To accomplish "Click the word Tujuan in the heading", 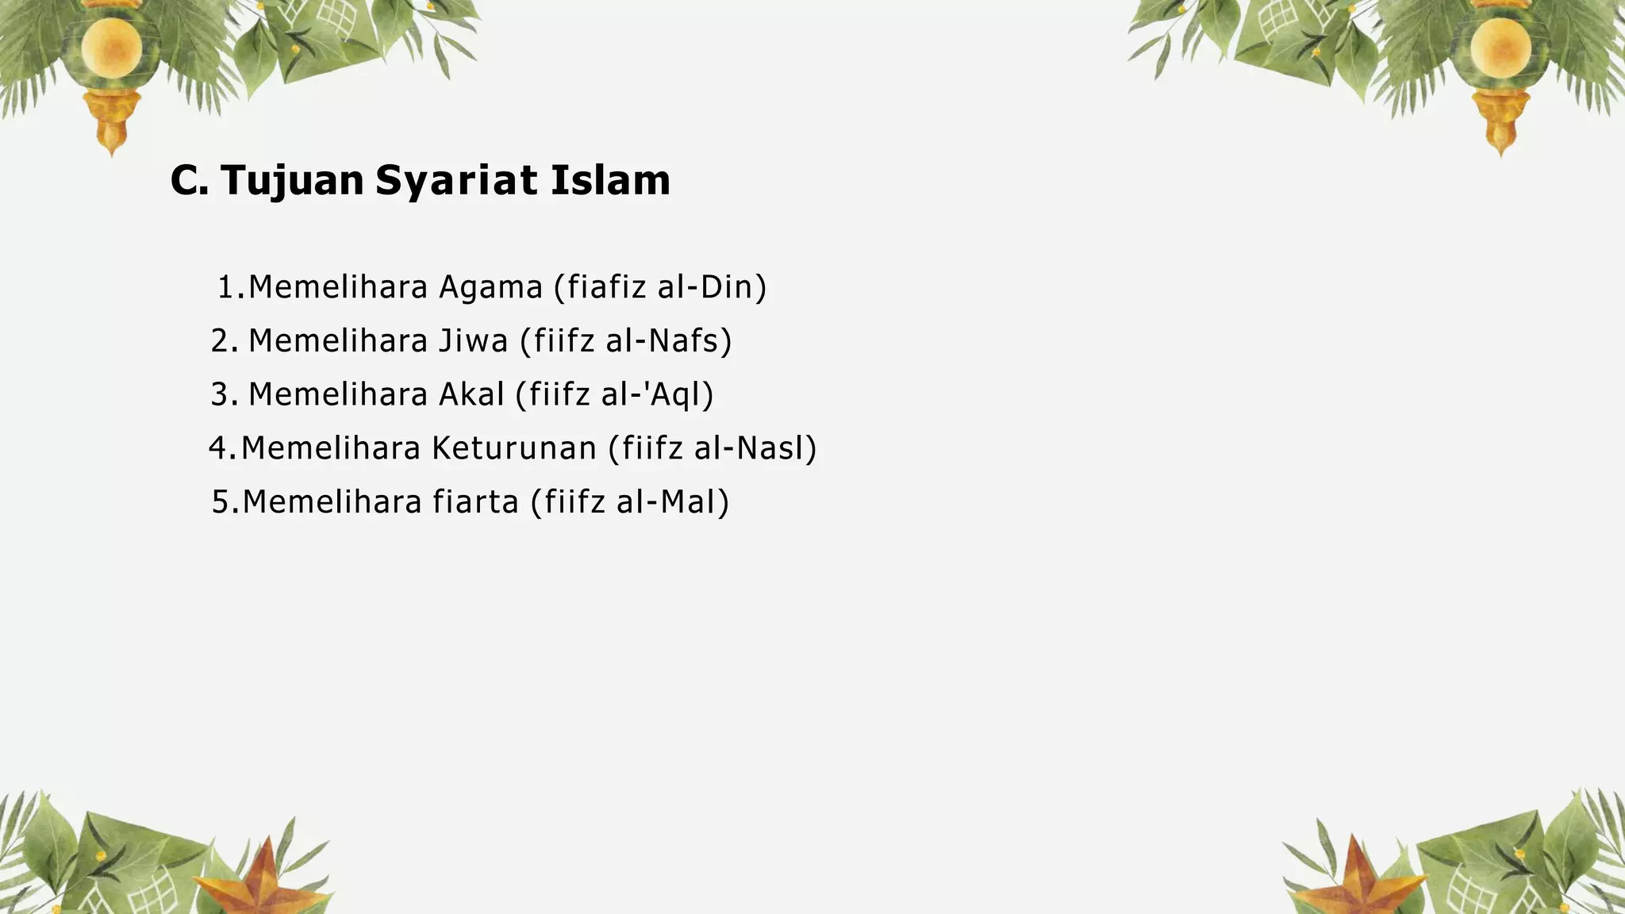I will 292,181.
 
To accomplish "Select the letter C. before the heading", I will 190,181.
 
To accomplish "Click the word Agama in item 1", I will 490,287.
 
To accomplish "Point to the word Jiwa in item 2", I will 473,341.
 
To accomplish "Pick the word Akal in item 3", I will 471,395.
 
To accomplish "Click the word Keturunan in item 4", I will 514,449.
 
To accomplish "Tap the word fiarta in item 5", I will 475,503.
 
